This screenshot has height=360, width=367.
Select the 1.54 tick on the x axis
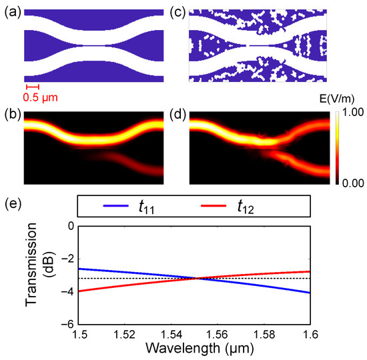(179, 334)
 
